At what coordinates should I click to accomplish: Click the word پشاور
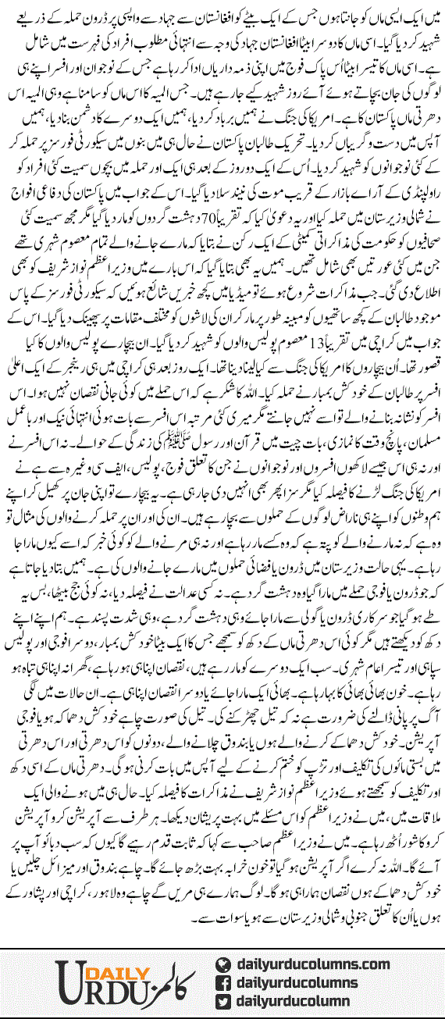pos(30,882)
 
